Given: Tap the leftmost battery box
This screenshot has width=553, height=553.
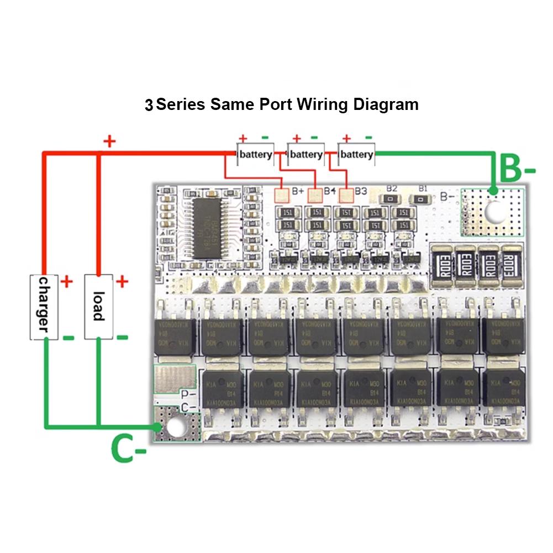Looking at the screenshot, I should (255, 154).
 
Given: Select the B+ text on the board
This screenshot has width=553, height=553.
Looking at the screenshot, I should (299, 191).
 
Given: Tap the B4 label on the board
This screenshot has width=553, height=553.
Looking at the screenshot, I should (330, 191).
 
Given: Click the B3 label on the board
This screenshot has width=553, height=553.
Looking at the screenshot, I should (361, 191).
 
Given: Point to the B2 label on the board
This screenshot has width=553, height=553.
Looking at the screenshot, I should (392, 188).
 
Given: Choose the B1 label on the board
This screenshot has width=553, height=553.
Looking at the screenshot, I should (423, 188).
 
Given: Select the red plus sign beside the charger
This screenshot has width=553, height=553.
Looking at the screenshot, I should (66, 282).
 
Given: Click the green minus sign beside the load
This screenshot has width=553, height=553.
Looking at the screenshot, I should (122, 336).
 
